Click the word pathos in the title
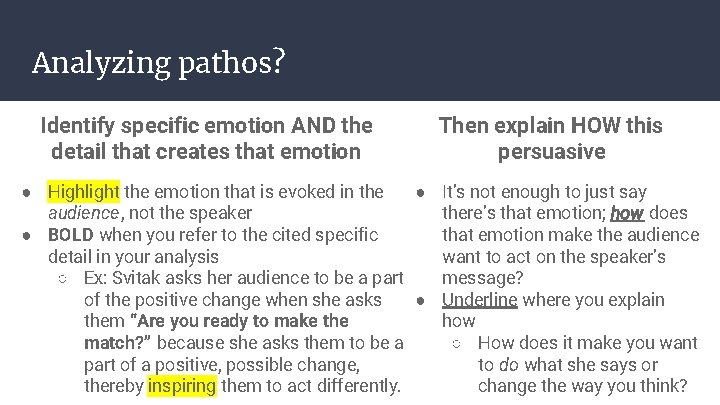pyautogui.click(x=233, y=63)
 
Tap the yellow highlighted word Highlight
pyautogui.click(x=83, y=191)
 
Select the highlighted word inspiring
pyautogui.click(x=181, y=385)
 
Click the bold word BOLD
pyautogui.click(x=71, y=235)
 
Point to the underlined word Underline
pyautogui.click(x=479, y=299)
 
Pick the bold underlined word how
pyautogui.click(x=627, y=213)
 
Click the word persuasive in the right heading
pyautogui.click(x=552, y=152)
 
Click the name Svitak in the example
pyautogui.click(x=145, y=278)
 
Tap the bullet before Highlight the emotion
pyautogui.click(x=30, y=192)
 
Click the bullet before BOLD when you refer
pyautogui.click(x=30, y=236)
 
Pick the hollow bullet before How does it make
pyautogui.click(x=457, y=343)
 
